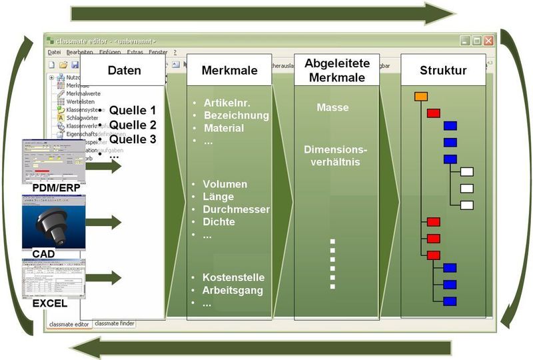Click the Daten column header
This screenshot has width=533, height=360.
pos(124,70)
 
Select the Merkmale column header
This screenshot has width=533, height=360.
pos(230,70)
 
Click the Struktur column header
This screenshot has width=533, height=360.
pos(443,70)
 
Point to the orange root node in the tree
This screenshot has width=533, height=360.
pos(420,97)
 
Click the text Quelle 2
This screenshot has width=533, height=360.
pos(132,125)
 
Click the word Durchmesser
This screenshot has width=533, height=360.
pos(237,209)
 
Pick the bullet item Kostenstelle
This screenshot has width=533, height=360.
pos(234,277)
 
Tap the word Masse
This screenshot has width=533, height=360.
pos(332,107)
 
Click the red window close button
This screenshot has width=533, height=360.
pos(489,41)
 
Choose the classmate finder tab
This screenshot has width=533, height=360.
pos(114,323)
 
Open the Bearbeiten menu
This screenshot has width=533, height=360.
pos(79,52)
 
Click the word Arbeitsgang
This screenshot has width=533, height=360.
pos(233,290)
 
